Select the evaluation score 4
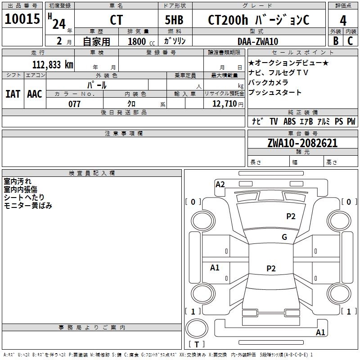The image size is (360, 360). pos(343,21)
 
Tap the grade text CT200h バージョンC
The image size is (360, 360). pos(258,20)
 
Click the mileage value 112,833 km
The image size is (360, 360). pos(53,64)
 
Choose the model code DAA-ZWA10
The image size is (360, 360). pos(258,41)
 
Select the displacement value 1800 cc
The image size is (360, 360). pos(141,41)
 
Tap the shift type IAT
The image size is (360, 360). pos(13,94)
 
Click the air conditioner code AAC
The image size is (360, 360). pos(35,94)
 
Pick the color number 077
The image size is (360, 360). pos(74,104)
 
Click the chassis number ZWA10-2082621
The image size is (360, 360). pos(302,143)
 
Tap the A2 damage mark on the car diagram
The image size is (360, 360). pos(220,184)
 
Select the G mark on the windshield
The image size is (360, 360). pos(284,237)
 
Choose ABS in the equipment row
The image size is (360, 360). pos(289,121)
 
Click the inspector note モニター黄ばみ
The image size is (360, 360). pos(28,206)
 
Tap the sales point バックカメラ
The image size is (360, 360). pos(268,83)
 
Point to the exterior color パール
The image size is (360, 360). pos(97,85)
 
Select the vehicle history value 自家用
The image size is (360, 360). pos(96,41)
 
